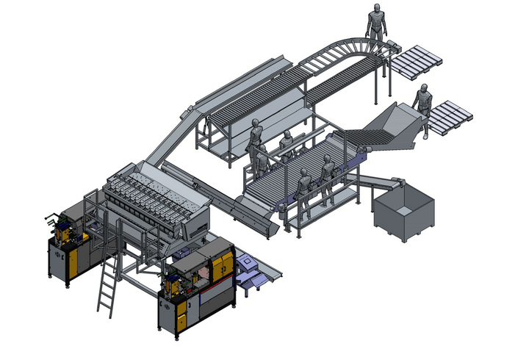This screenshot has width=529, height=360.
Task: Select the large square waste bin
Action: point(404,214)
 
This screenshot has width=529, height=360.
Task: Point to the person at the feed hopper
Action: point(423,109)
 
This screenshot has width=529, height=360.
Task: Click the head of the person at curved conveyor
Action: point(377,8)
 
